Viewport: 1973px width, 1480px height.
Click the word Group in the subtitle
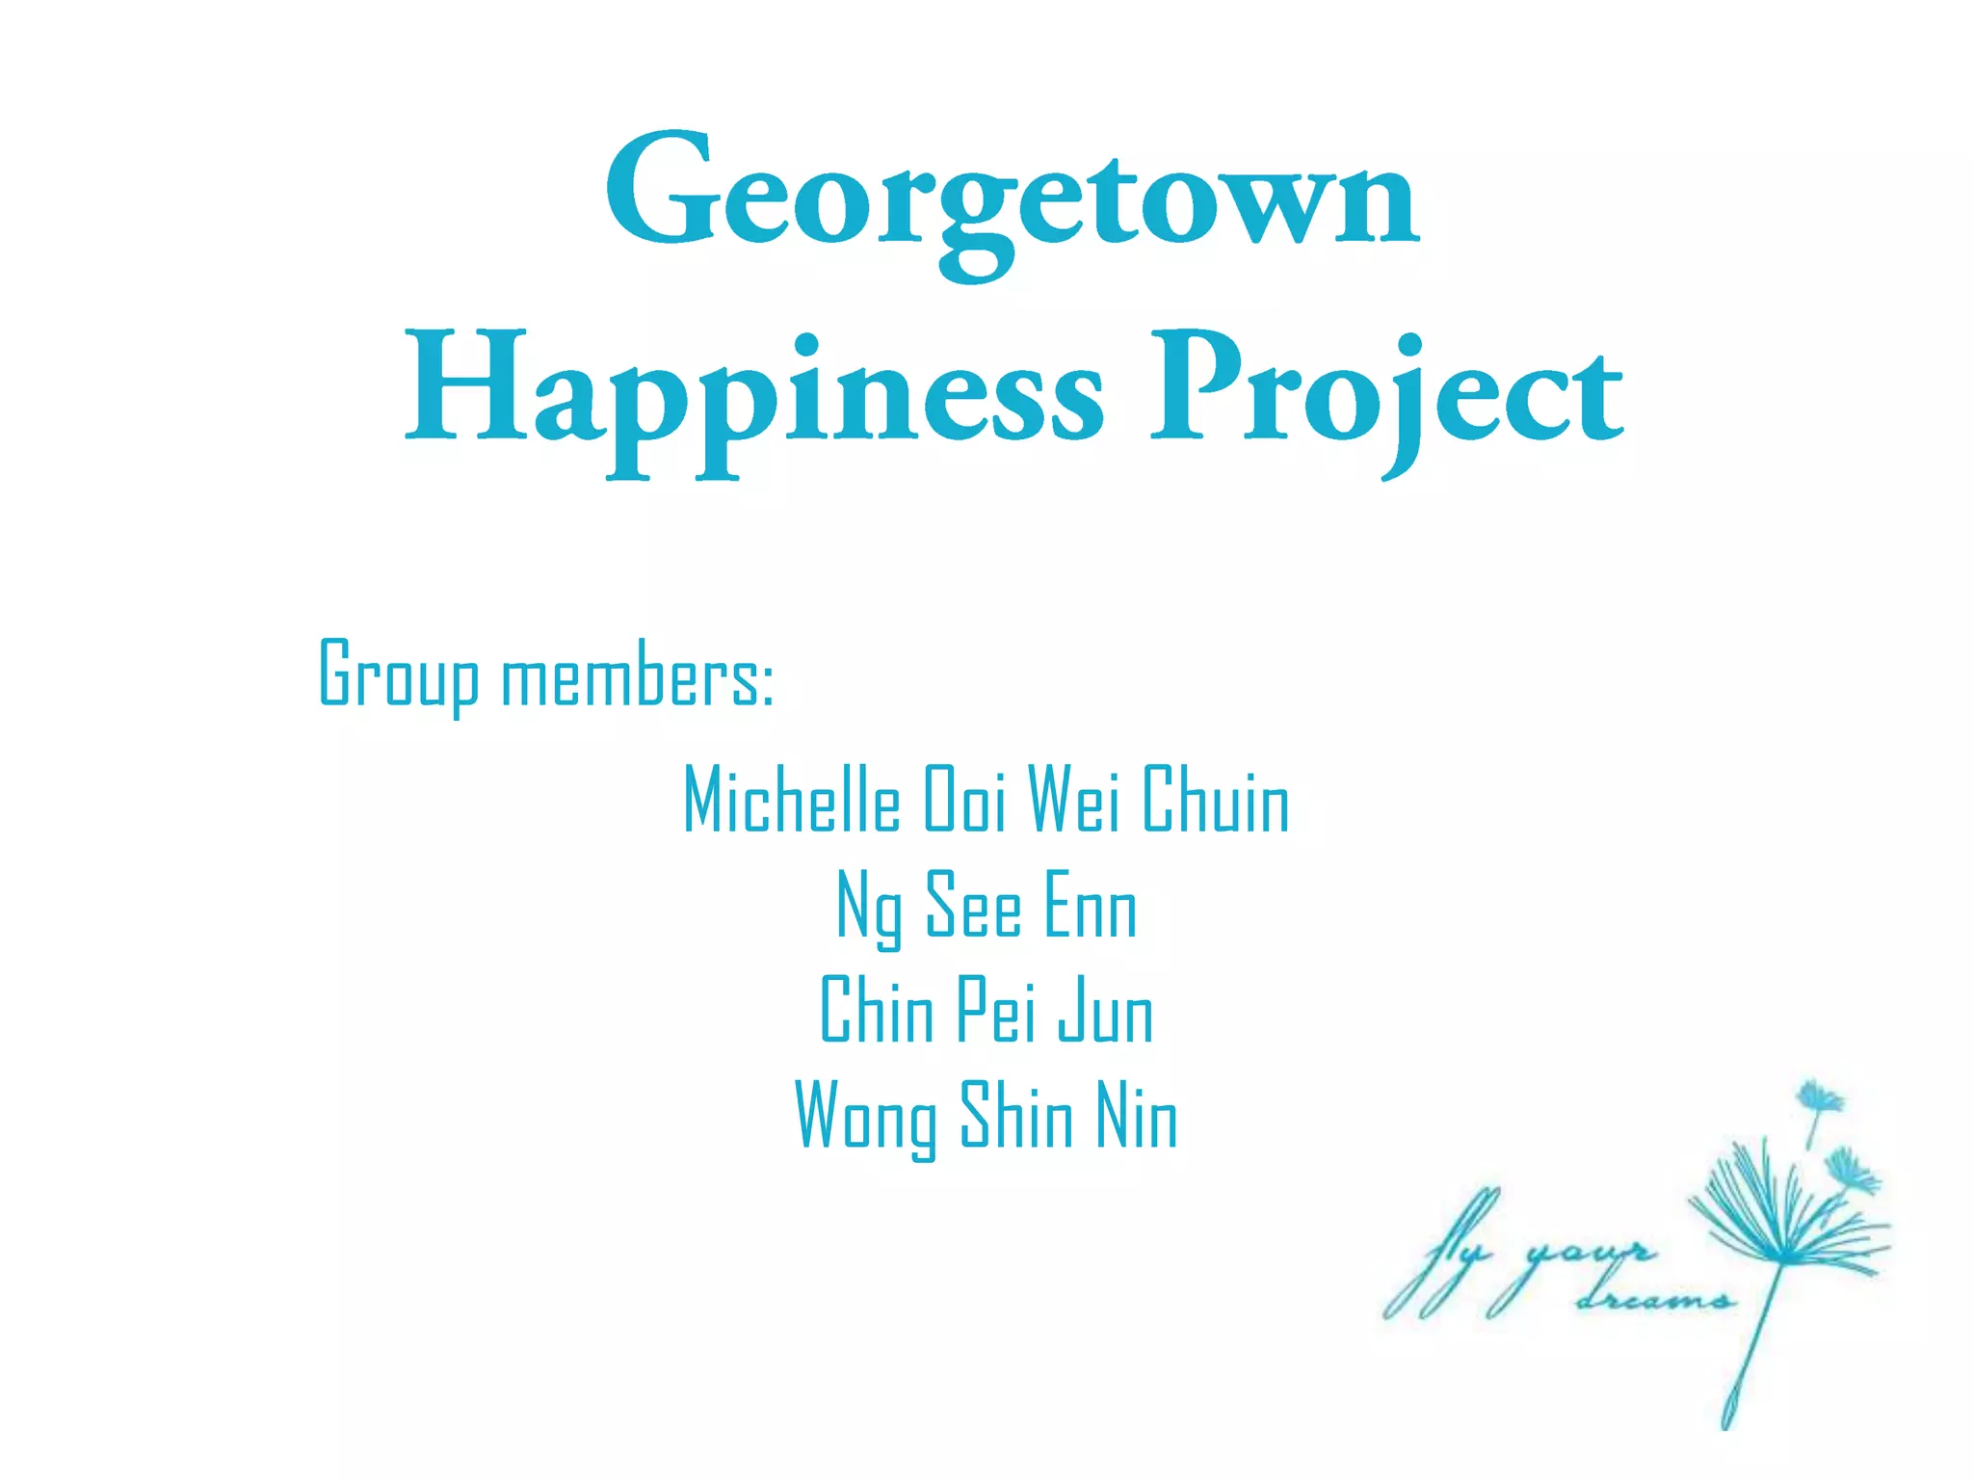[x=398, y=674]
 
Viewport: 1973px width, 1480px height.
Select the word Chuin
[x=1216, y=800]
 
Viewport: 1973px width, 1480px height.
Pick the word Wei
[x=1074, y=800]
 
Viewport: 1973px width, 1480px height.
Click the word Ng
[x=870, y=908]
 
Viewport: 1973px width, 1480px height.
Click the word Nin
[x=1137, y=1118]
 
